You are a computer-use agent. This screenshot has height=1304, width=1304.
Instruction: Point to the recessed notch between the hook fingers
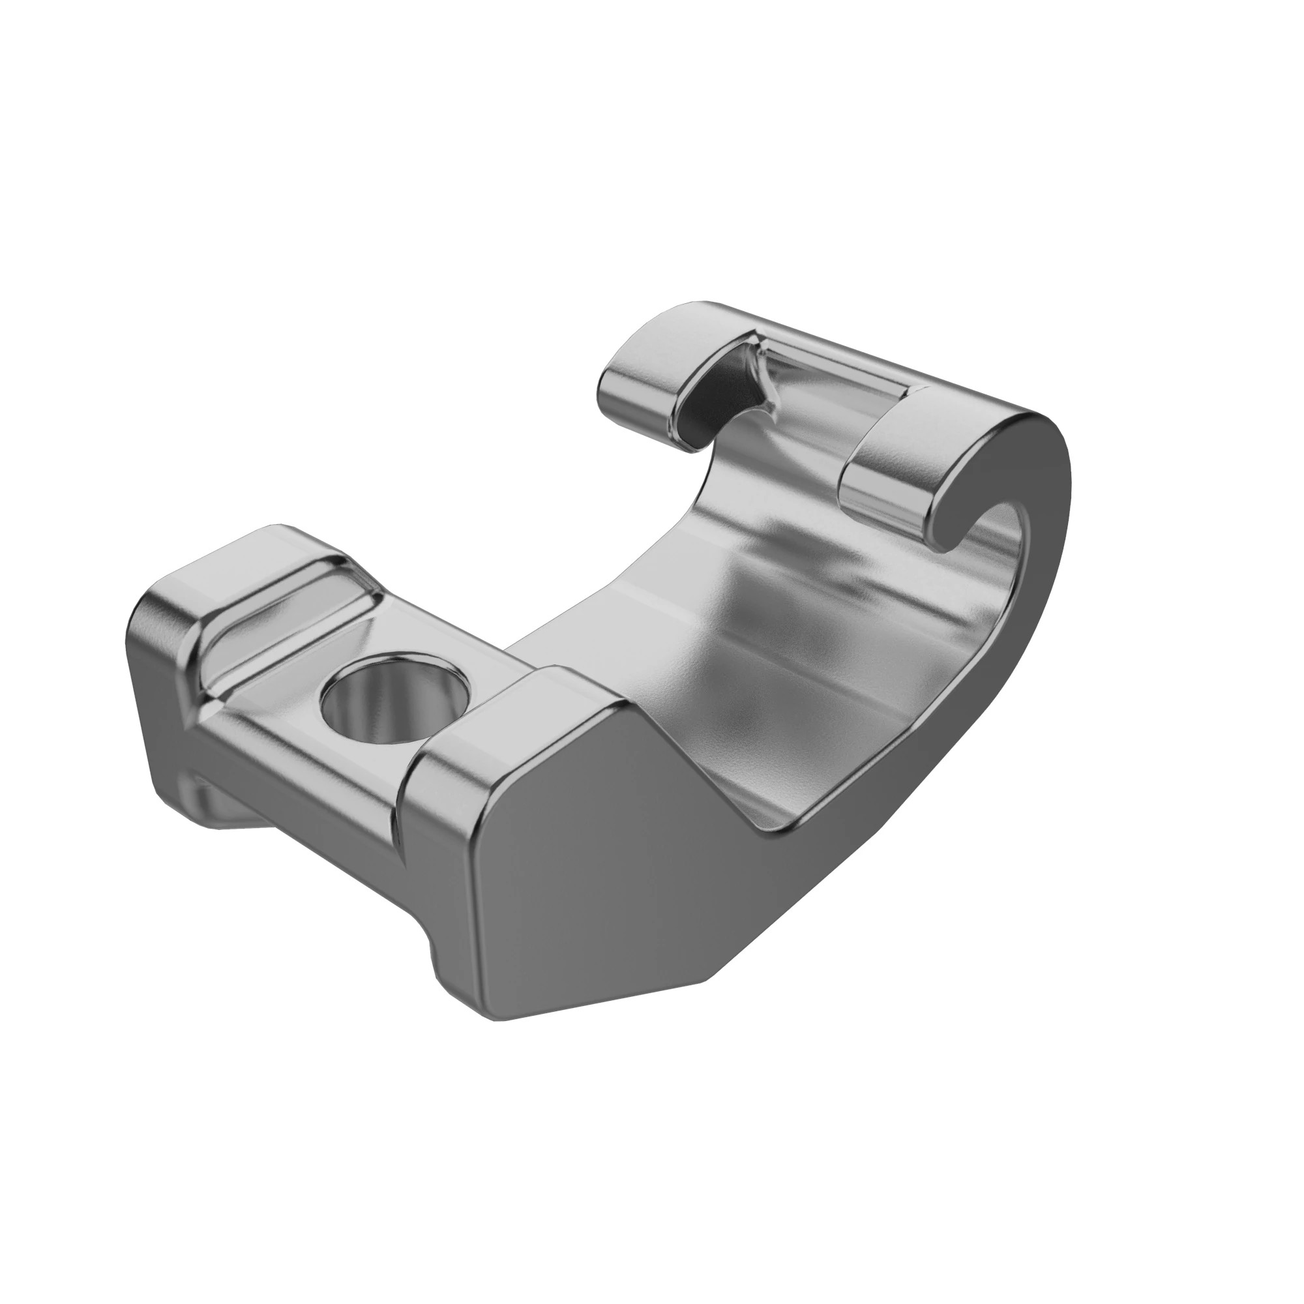click(x=837, y=378)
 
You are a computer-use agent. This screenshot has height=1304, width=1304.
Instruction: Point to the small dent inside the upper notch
click(x=763, y=378)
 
